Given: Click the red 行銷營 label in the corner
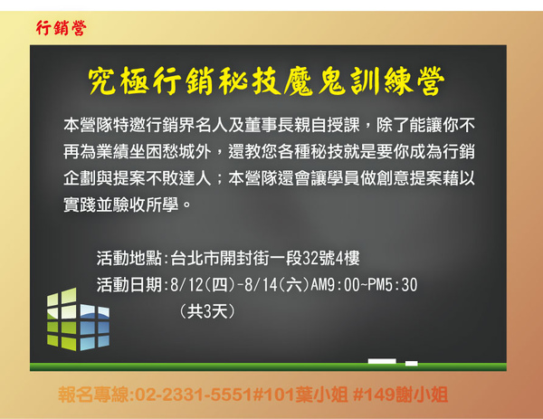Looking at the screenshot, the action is (61, 28).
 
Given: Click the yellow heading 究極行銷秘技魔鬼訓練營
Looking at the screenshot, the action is (266, 81).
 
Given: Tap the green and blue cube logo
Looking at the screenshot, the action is (78, 319).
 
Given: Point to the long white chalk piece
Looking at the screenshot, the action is (382, 361).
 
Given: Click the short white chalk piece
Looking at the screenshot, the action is (412, 363).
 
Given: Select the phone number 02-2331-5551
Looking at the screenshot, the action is (194, 395).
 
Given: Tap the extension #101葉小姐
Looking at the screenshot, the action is (300, 395).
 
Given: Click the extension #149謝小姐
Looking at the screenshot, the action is (401, 395).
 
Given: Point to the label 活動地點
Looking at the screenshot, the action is (129, 258).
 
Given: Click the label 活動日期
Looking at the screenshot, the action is (129, 285).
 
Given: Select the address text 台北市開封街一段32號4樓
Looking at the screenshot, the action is (265, 258).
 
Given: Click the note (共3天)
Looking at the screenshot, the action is (207, 311).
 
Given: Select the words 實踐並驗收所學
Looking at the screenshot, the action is (121, 205).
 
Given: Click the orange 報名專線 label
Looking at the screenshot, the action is (93, 395).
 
